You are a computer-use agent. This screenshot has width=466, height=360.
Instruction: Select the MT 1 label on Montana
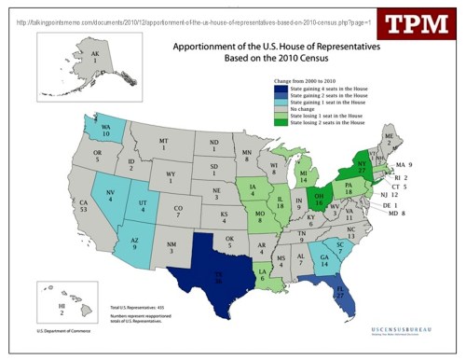point(163,144)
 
